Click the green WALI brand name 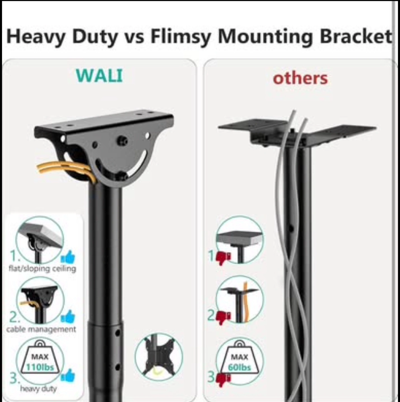[100, 75]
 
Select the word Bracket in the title [356, 36]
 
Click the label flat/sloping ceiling [42, 269]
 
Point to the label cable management [41, 329]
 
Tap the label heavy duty [39, 389]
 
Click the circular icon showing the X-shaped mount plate [158, 357]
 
